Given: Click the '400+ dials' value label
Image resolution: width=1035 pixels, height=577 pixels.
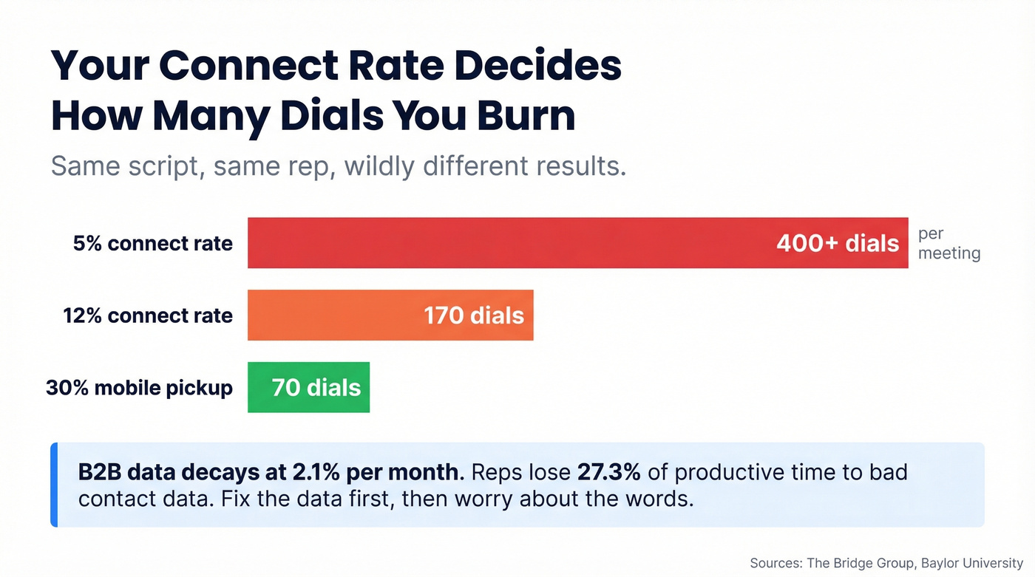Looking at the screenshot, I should point(838,243).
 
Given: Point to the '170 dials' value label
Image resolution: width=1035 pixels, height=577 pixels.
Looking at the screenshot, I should point(474,315).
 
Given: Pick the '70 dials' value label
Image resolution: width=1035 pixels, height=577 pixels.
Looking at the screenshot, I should point(316,387).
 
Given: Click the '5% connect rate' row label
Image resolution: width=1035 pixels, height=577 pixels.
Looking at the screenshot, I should point(153,243).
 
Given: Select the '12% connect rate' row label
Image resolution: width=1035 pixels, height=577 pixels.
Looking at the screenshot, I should point(148,315).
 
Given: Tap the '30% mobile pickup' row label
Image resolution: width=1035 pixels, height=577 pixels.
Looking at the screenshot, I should point(140,387).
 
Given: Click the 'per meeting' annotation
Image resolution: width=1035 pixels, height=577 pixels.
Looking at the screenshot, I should point(949,244).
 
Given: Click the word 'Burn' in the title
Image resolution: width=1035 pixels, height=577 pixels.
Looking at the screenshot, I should point(521,116).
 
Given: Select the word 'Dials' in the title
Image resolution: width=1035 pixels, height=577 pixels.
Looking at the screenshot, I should point(333,116).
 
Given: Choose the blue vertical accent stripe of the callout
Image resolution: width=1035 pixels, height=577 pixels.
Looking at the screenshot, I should point(54,485).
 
